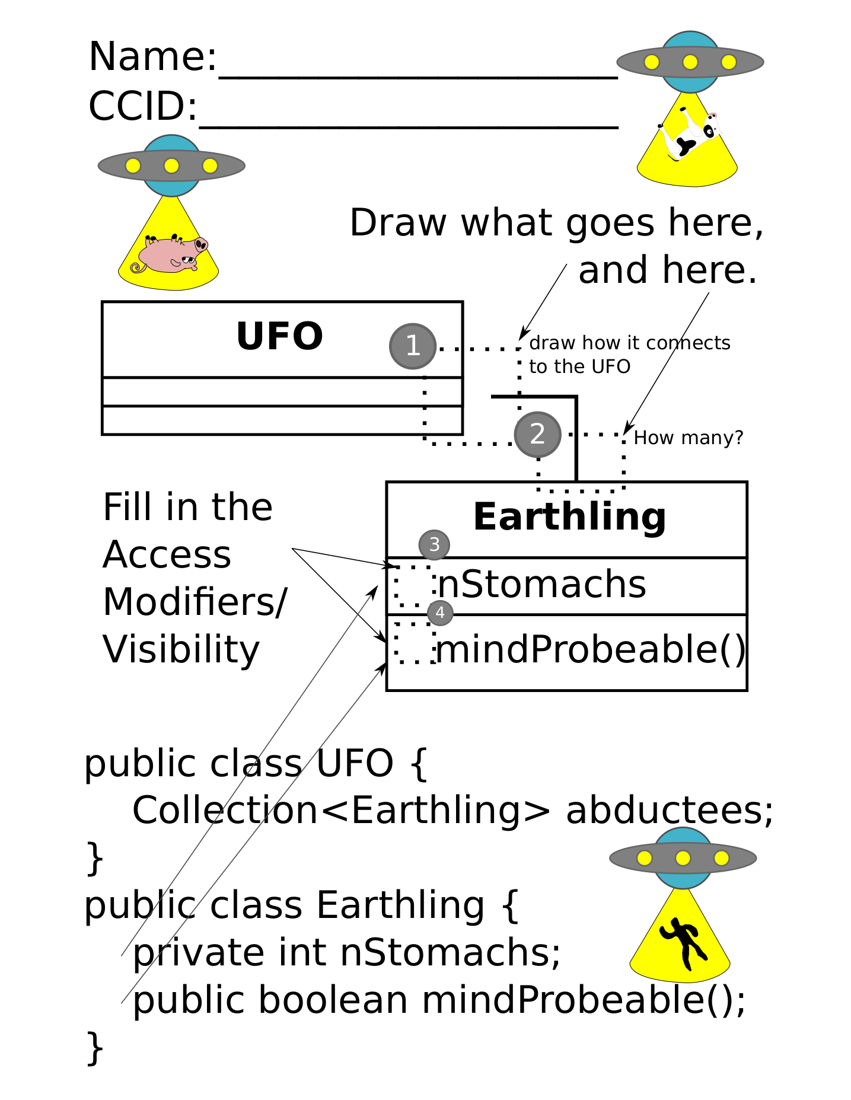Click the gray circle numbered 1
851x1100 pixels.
coord(413,346)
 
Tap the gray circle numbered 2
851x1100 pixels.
coord(537,434)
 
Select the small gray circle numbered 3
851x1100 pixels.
coord(434,544)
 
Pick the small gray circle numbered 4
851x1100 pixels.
coord(440,613)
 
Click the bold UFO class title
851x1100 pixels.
coord(279,336)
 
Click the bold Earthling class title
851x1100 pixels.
coord(569,516)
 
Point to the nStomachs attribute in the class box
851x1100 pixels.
coord(541,585)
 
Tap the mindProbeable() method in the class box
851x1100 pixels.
coord(590,649)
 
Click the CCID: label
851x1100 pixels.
coord(143,107)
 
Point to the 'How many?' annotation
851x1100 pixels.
coord(688,438)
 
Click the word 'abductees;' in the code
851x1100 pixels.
coord(670,811)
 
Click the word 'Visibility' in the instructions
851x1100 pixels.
coord(181,650)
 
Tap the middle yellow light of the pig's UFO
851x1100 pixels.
coord(171,166)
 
